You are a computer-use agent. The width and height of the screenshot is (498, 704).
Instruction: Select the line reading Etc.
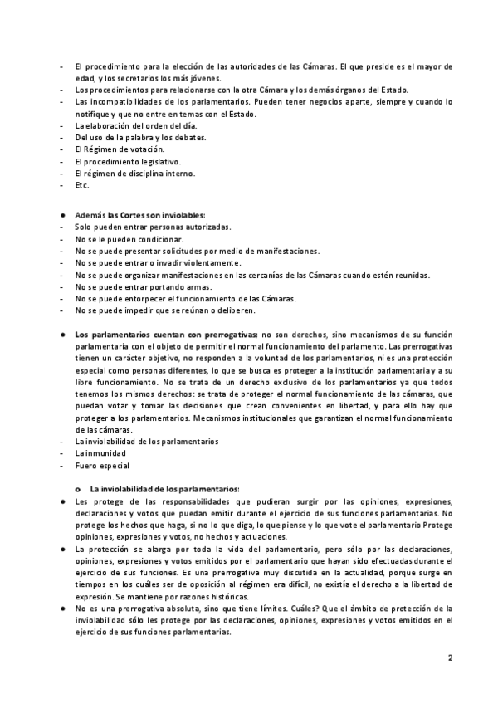click(x=81, y=185)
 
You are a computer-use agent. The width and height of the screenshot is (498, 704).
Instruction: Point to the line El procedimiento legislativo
click(x=121, y=161)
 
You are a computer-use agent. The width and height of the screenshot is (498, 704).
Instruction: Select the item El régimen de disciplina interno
click(x=134, y=173)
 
